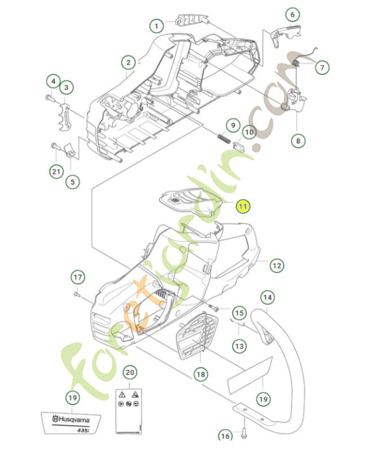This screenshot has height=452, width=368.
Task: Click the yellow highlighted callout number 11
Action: coord(242,206)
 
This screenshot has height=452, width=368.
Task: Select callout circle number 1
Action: coord(157,25)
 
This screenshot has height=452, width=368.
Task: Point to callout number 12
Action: coord(276,264)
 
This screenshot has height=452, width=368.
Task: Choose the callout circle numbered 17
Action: coord(77,277)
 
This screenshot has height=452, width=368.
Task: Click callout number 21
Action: coord(56,172)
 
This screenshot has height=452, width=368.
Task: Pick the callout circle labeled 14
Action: coord(267,297)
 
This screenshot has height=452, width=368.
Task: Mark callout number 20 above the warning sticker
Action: coord(130,372)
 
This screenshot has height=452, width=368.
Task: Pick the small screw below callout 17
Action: coord(77,294)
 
